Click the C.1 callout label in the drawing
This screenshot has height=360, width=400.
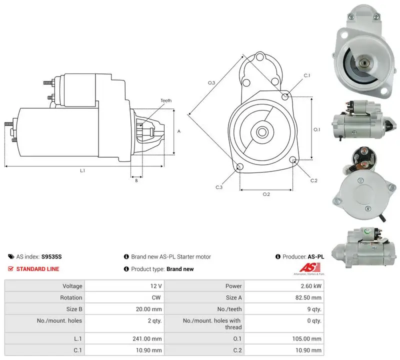coord(306,75)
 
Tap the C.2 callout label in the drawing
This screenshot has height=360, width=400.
coord(314,180)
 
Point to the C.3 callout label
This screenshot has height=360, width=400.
coord(219,187)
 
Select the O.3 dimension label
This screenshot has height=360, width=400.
coord(211,82)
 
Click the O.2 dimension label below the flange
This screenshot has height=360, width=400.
coord(266,194)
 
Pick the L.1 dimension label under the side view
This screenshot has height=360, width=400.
coord(82,170)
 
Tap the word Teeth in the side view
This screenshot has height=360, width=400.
coord(166,100)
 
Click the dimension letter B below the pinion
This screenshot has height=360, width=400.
coord(136,180)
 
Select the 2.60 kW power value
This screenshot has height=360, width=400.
coord(311,286)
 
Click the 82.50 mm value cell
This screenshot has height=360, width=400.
coord(308,297)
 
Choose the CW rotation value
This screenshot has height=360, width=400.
coord(156,297)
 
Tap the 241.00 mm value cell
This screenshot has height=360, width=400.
coord(147,339)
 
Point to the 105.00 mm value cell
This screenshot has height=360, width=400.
coord(307,339)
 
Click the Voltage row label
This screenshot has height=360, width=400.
coord(72,286)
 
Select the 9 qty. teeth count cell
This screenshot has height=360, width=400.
coord(314,309)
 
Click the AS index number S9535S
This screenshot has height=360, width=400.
coord(51,256)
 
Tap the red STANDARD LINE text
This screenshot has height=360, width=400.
coord(38,269)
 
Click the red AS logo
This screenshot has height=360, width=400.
coord(309,267)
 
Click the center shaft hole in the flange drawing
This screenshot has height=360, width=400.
coord(261,132)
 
